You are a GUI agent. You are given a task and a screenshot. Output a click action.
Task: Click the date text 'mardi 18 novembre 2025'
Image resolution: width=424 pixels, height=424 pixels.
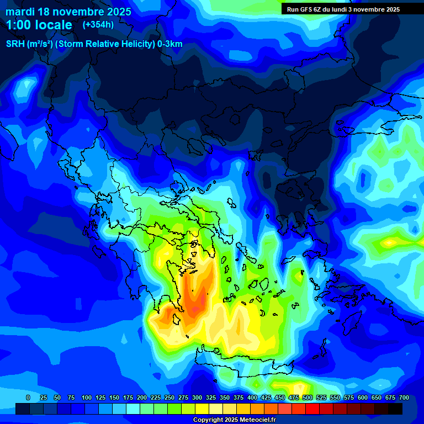[68, 12]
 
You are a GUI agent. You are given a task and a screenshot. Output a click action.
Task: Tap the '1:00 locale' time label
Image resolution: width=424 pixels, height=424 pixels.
[39, 25]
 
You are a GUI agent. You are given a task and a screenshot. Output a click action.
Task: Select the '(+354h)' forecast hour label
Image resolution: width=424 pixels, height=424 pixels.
[98, 25]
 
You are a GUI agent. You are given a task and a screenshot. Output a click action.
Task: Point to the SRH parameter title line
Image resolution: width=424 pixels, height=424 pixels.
[94, 44]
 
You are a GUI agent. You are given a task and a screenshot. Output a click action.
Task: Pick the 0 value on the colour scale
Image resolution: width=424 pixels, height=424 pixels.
[28, 397]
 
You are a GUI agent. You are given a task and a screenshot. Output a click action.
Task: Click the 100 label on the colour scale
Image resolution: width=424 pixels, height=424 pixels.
[86, 397]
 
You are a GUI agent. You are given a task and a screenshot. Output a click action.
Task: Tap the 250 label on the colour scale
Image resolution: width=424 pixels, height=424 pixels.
[169, 397]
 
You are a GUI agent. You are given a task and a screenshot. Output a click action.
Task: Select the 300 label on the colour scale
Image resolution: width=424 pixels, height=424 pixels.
[197, 397]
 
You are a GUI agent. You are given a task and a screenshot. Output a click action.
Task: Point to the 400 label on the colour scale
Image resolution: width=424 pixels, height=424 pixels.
[252, 397]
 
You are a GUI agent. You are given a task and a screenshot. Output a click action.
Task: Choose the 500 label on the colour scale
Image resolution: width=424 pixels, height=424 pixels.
[307, 397]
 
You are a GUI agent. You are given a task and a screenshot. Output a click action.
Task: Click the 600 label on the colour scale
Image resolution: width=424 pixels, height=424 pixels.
[362, 397]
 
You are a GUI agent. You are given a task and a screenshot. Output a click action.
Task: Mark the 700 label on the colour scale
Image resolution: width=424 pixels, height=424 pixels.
[404, 397]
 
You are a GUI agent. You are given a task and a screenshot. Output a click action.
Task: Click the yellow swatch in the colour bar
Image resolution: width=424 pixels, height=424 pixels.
[202, 409]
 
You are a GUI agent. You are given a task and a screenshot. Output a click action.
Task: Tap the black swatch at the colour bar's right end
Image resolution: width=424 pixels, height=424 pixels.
[395, 409]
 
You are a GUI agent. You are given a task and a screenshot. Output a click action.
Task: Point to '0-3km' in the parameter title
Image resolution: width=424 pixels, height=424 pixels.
[170, 44]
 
